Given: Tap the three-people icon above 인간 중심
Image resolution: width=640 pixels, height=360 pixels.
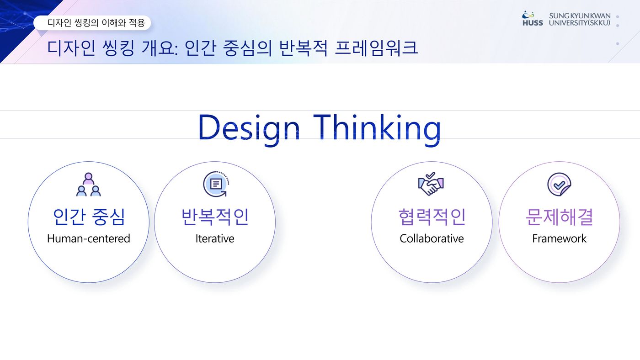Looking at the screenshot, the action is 89,185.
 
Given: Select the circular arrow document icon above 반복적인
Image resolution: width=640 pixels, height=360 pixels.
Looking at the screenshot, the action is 216,184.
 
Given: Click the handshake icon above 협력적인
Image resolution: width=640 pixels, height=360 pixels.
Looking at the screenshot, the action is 431,184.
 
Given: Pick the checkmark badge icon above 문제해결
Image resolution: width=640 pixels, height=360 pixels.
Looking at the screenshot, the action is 559,185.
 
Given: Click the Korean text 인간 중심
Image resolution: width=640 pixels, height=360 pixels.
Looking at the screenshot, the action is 89,217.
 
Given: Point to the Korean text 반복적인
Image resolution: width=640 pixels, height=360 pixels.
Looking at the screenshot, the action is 215,217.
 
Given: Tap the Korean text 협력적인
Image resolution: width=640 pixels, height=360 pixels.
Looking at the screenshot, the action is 432,217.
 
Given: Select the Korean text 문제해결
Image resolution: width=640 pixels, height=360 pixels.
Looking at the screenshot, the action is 560,217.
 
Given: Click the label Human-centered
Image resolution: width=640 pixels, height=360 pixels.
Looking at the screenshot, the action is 89,238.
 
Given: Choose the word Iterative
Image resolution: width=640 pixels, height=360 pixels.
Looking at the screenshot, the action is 215,238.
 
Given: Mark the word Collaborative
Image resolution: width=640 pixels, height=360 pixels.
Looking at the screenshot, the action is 432,238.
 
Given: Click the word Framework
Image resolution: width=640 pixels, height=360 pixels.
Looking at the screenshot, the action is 559,238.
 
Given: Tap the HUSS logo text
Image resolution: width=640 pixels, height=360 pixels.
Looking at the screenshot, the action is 533,23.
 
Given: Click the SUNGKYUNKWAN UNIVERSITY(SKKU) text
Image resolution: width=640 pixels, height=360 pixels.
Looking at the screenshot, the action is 580,19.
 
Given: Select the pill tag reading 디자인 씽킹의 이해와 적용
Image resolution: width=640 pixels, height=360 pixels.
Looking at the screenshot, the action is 92,23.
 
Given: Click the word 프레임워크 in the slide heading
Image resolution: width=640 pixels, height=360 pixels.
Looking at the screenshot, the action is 376,48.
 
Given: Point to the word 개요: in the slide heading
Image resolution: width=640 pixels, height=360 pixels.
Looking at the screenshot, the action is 160,48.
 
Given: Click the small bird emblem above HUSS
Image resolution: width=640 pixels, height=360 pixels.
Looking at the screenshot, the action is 528,14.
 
